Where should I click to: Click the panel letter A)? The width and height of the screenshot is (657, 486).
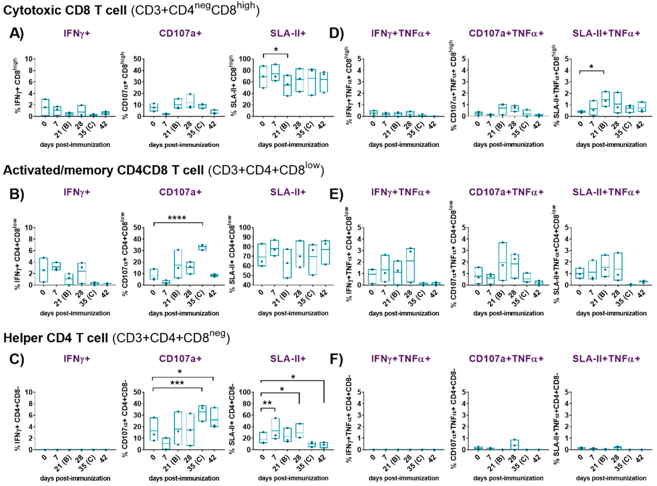[x=17, y=33]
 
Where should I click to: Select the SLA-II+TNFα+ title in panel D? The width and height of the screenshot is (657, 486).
[x=606, y=33]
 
